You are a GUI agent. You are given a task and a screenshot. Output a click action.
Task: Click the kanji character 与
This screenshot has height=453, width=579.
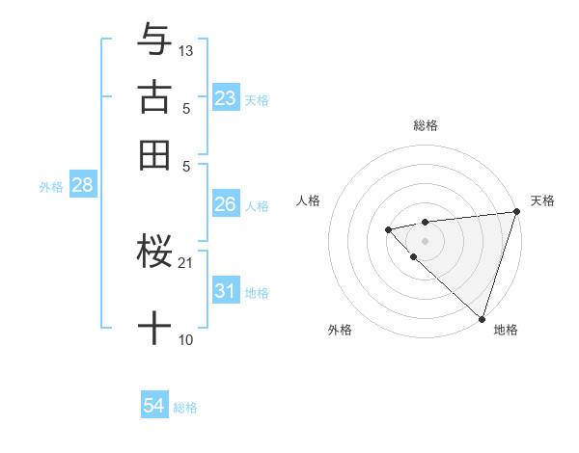tap(154, 40)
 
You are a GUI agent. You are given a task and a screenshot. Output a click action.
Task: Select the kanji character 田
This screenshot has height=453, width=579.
tap(154, 154)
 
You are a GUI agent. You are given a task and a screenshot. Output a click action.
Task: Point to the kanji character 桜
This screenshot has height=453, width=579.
tap(154, 253)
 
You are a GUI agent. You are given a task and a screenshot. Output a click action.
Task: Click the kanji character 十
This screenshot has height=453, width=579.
tap(154, 328)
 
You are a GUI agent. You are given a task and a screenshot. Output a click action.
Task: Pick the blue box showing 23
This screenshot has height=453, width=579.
tap(225, 98)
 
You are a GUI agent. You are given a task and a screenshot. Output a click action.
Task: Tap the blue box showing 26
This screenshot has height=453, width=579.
tap(225, 204)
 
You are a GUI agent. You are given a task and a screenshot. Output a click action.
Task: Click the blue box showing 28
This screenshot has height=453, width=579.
tap(82, 186)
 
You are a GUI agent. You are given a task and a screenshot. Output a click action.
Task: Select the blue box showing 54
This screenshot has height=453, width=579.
tap(153, 407)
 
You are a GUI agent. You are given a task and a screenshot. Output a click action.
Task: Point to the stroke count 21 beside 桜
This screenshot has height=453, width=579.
tap(186, 262)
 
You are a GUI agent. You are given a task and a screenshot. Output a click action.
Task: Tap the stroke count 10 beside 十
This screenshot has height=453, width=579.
tap(185, 339)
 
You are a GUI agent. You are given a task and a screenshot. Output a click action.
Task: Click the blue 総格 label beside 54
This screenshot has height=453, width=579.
tap(185, 408)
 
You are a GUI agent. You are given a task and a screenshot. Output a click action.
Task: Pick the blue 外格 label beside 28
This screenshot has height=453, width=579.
tap(51, 187)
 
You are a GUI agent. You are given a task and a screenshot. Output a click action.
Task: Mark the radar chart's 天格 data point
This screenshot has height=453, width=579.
tap(516, 213)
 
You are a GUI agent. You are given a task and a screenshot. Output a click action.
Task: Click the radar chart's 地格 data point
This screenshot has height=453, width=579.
tap(482, 318)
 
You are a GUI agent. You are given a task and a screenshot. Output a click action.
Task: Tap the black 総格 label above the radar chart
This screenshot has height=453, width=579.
tap(425, 125)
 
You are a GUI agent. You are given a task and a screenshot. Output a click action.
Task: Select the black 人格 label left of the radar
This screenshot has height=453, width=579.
tap(309, 200)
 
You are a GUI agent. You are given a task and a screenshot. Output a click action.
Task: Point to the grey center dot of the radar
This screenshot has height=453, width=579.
tap(425, 240)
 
